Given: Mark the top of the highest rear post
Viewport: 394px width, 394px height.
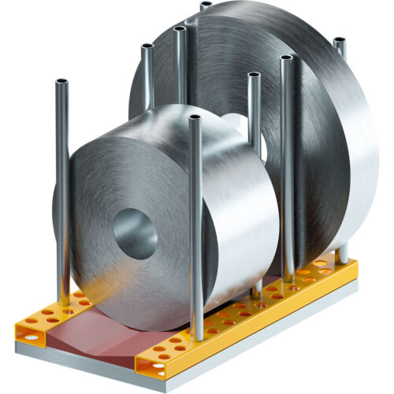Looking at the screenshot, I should (206, 6).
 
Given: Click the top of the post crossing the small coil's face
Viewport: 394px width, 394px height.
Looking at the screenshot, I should (195, 118).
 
